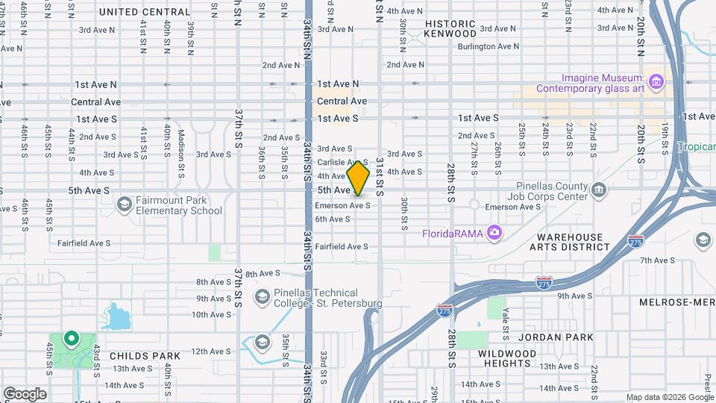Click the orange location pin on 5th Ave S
(358, 178)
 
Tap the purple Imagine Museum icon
(656, 81)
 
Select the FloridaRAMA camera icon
(494, 234)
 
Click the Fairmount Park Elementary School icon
(124, 204)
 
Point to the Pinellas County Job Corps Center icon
(598, 191)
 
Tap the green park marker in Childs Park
(72, 340)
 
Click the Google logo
(25, 394)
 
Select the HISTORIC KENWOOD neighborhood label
(450, 28)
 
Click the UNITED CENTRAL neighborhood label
(145, 12)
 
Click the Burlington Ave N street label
(489, 46)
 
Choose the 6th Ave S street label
(332, 219)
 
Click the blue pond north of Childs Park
(118, 317)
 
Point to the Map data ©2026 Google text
(669, 397)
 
